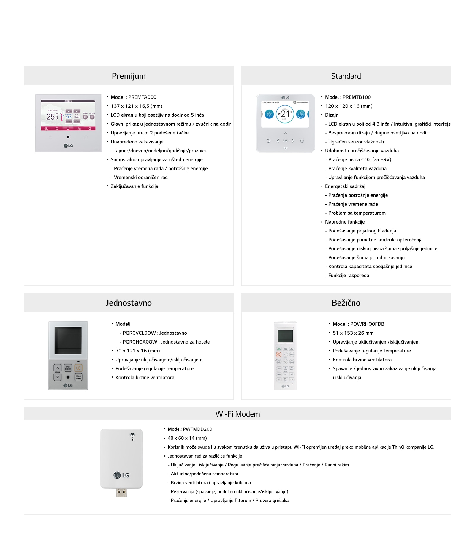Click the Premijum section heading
click(x=129, y=76)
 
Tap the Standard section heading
click(x=346, y=76)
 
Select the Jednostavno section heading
click(x=129, y=303)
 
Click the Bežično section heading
click(x=346, y=303)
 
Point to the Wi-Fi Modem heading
click(x=237, y=414)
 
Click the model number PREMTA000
click(x=142, y=97)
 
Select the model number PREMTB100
click(x=357, y=97)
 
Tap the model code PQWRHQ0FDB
click(x=367, y=324)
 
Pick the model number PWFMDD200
click(x=197, y=429)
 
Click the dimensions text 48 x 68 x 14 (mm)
click(x=187, y=438)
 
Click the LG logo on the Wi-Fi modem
click(x=121, y=475)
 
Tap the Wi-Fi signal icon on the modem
click(x=132, y=436)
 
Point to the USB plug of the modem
click(x=121, y=493)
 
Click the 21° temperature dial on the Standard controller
click(x=285, y=114)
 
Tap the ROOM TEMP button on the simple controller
click(x=78, y=377)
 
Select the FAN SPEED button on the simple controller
click(x=68, y=368)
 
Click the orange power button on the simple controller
click(x=78, y=368)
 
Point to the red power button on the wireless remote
click(x=278, y=354)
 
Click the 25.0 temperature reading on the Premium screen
click(x=52, y=117)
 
